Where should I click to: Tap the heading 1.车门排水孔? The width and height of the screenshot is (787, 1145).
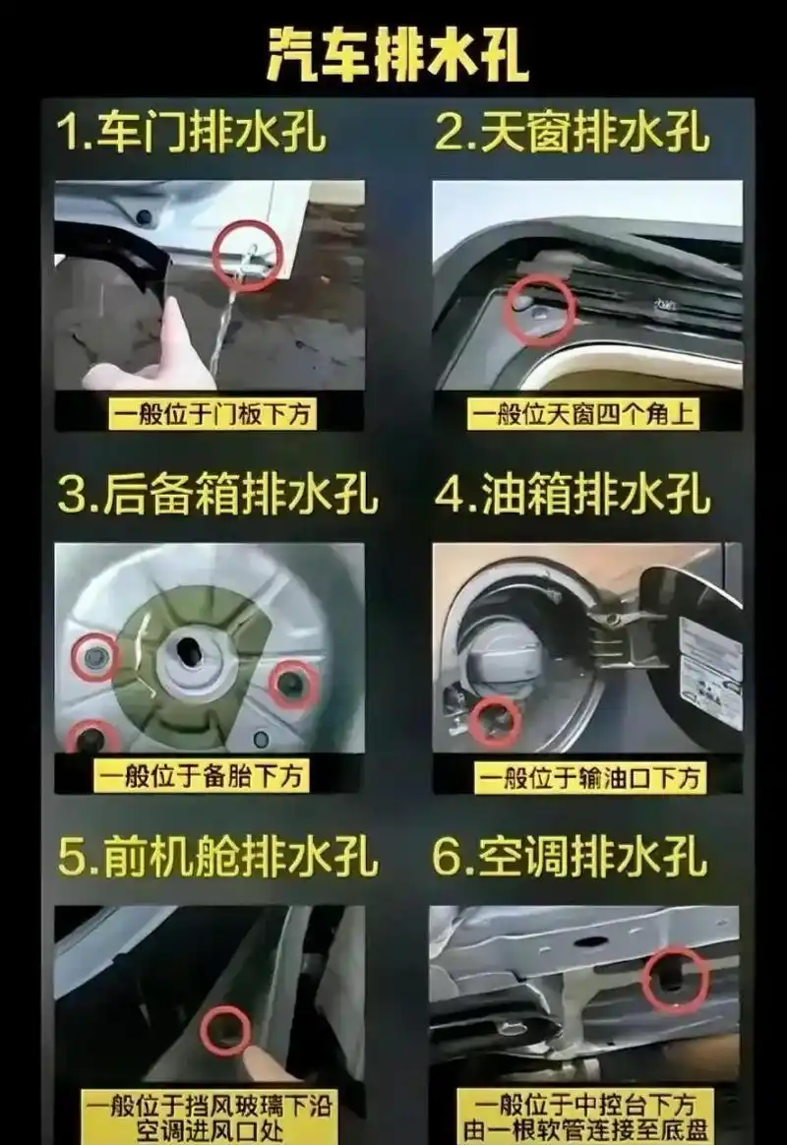(191, 134)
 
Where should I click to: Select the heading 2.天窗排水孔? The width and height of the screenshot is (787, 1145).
(572, 134)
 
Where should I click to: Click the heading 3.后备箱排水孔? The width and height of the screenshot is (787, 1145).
(217, 496)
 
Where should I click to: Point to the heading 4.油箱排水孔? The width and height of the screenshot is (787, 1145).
(572, 496)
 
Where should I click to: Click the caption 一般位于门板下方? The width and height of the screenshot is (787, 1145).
(210, 414)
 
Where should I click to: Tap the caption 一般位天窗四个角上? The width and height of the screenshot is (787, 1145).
(582, 414)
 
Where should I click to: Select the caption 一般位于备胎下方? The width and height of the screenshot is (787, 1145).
(202, 776)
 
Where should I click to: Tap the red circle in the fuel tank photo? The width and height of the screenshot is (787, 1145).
(496, 720)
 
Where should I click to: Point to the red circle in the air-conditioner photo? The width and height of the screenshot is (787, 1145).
(675, 979)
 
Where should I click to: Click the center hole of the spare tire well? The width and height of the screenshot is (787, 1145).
(191, 652)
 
